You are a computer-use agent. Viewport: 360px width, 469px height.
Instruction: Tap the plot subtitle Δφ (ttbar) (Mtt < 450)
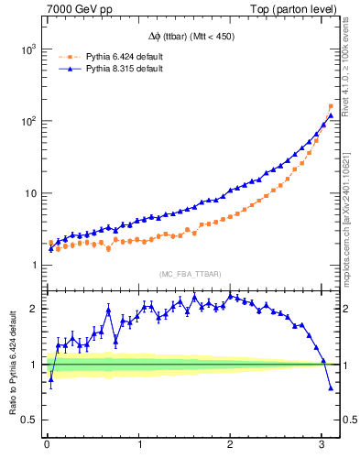[x=191, y=37]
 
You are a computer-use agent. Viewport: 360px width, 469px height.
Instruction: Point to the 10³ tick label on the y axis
[x=26, y=49]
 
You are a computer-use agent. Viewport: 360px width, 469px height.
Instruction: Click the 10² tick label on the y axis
[x=26, y=121]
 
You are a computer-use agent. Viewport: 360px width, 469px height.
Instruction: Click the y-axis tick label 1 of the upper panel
[x=33, y=266]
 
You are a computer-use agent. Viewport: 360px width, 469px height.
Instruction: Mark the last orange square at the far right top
[x=331, y=106]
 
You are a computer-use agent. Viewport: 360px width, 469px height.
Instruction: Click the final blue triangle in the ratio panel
[x=331, y=388]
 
